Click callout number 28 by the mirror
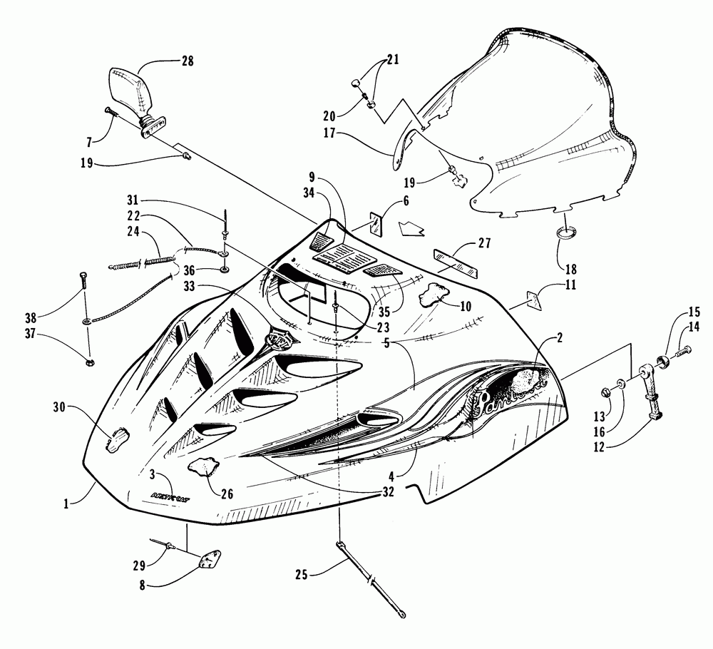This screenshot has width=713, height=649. (188, 62)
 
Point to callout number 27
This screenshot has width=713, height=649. (484, 244)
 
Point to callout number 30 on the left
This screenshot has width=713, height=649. (61, 407)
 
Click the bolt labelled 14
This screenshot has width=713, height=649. (683, 350)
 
